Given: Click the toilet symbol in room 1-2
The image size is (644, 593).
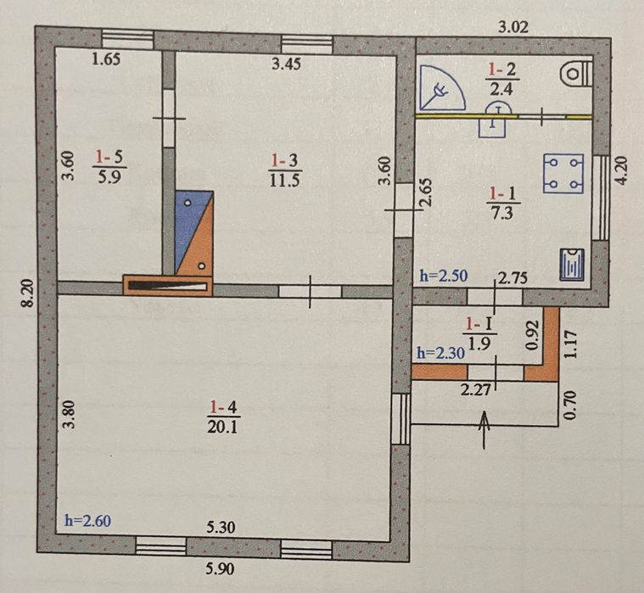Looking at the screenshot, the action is click(577, 74).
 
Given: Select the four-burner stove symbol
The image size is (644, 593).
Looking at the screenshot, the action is click(563, 173).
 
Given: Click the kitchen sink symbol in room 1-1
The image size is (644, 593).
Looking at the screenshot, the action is click(572, 265).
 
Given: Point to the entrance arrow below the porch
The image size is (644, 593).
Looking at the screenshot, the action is click(484, 430).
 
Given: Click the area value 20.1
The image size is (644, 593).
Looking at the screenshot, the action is click(222, 428).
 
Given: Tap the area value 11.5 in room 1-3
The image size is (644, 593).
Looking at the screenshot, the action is click(285, 181).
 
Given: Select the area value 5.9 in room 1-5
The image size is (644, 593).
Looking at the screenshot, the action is click(109, 177).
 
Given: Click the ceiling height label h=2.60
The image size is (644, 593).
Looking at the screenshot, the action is click(88, 521).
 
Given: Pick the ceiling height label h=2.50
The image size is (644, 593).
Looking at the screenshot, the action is click(444, 276).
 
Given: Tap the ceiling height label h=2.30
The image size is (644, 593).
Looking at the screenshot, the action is click(441, 353).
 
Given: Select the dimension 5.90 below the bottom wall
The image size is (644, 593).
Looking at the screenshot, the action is click(221, 568).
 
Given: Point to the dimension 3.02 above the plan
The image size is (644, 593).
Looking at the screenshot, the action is click(513, 27).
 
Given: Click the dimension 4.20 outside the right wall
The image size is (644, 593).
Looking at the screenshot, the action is click(622, 171).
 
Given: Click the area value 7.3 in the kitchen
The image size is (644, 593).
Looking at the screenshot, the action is click(502, 213).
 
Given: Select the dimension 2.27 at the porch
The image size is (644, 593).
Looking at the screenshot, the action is click(475, 389).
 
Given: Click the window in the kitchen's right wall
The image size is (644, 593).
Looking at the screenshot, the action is click(601, 197).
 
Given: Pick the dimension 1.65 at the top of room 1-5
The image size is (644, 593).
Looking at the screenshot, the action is click(106, 59).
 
